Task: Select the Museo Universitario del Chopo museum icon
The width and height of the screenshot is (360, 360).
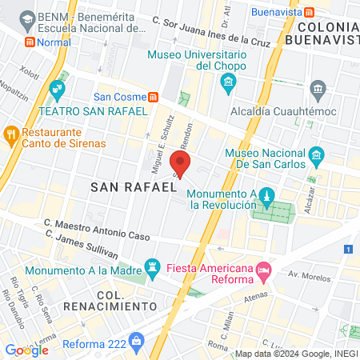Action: [228, 82]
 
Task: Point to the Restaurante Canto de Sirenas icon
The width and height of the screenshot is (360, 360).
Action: [10, 133]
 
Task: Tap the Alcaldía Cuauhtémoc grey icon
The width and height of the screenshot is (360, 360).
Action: [318, 87]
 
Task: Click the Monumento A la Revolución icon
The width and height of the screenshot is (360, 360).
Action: [268, 196]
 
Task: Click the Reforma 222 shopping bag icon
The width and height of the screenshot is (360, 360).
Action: [137, 341]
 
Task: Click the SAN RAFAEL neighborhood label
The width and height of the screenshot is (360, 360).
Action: [133, 187]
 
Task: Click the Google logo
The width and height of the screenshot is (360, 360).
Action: [27, 350]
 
